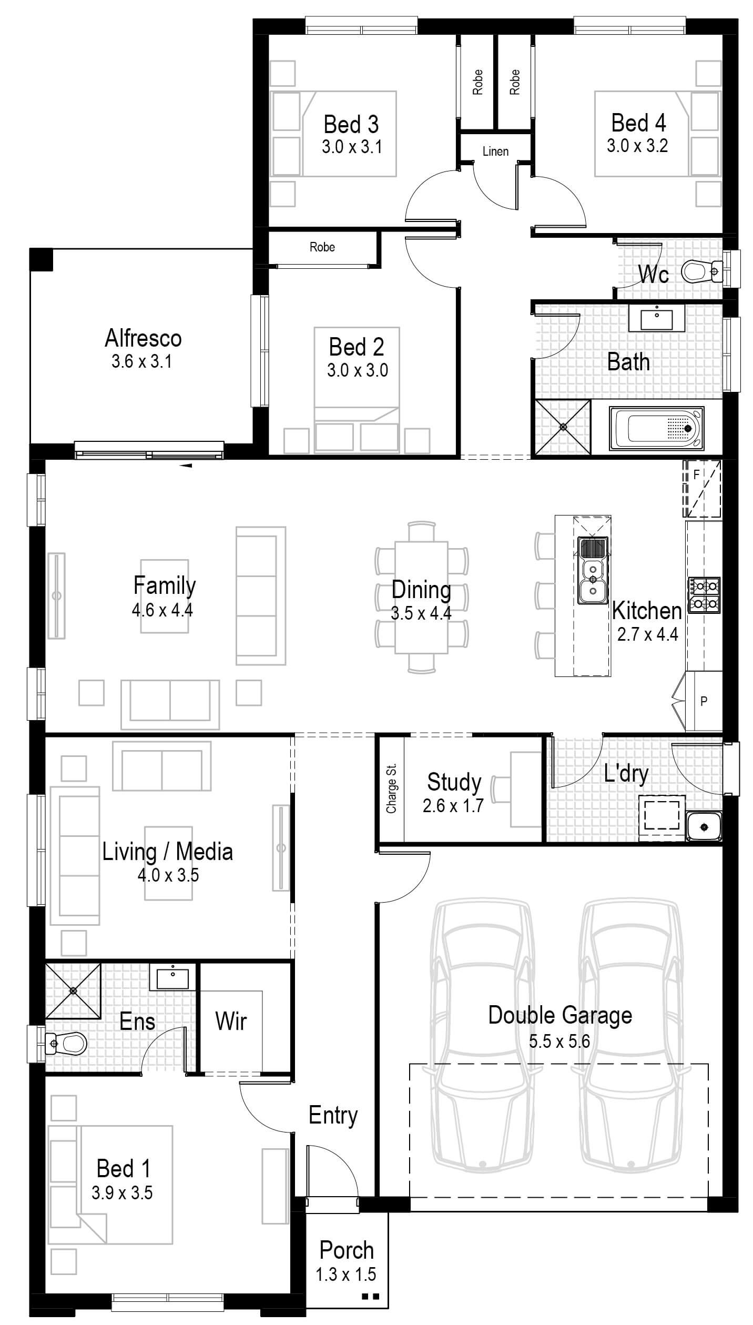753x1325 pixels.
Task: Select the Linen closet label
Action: (495, 151)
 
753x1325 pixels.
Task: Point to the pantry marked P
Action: (704, 701)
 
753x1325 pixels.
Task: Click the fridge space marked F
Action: (702, 489)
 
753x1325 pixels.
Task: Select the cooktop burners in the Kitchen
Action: (704, 595)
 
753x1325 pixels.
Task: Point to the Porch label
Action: (347, 1250)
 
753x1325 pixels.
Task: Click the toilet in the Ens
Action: (67, 1042)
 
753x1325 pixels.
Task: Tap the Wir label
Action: (231, 1021)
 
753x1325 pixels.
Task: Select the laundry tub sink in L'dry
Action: (704, 827)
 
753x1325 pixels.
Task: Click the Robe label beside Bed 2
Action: (322, 247)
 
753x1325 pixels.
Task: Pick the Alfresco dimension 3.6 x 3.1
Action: (141, 362)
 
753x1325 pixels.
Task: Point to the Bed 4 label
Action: (638, 123)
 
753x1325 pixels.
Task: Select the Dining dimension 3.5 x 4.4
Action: (421, 613)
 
